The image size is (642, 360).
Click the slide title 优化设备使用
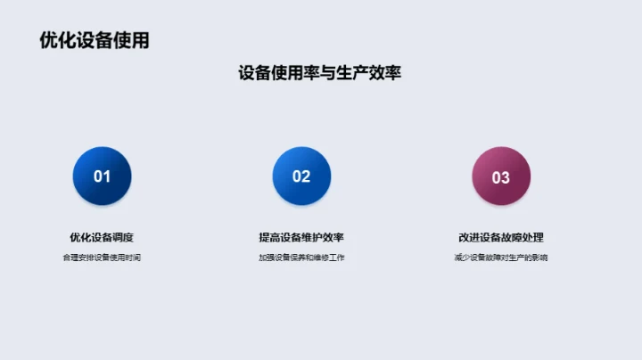[x=95, y=41]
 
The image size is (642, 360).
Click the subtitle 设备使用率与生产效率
[x=319, y=73]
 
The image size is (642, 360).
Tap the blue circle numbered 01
[x=103, y=176]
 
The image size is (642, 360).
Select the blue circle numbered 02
[x=301, y=176]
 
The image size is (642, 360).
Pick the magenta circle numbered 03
[x=501, y=176]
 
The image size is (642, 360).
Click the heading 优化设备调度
[x=103, y=237]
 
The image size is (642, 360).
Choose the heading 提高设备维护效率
[x=301, y=237]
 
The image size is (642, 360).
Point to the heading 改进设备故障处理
[x=501, y=237]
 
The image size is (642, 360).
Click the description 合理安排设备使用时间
[x=103, y=258]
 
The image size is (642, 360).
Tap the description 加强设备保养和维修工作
[x=301, y=258]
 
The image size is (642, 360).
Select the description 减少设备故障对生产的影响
[x=501, y=258]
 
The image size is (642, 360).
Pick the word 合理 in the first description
[x=70, y=258]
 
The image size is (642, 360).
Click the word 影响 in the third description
[x=540, y=258]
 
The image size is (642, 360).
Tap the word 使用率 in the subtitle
[x=299, y=73]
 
